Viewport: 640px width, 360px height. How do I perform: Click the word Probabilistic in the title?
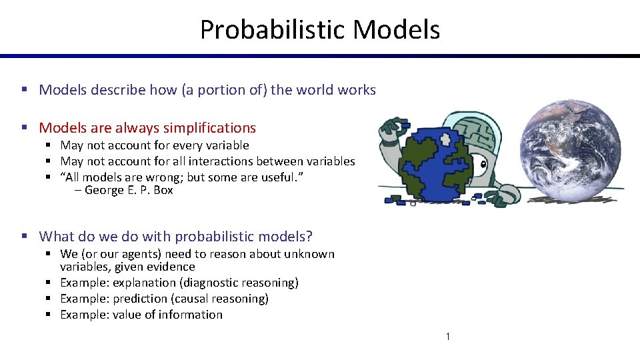[x=273, y=30]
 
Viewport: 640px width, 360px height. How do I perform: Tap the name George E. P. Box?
[x=129, y=190]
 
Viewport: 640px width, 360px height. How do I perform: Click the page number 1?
[x=447, y=337]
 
